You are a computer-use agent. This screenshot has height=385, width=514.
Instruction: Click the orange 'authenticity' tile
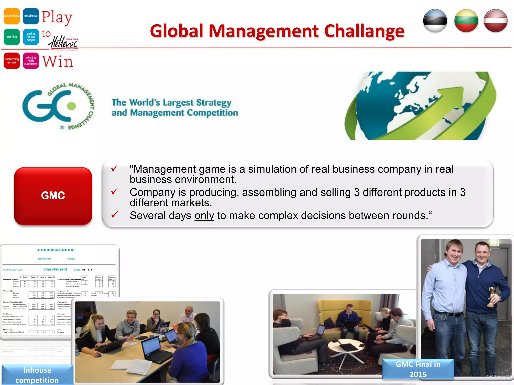12,16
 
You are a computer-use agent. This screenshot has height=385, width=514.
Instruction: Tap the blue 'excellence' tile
31,16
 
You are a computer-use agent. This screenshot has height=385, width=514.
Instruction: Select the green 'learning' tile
12,37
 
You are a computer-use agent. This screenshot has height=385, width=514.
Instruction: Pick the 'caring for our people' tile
31,37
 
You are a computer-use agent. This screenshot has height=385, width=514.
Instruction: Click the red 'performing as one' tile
12,61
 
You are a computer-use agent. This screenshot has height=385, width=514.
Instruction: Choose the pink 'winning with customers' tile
31,61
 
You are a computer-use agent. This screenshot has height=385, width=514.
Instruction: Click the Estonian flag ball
435,21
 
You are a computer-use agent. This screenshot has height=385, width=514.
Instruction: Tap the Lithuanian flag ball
466,21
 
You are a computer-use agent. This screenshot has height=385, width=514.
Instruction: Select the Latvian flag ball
496,21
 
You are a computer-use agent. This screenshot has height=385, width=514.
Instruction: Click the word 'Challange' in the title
364,31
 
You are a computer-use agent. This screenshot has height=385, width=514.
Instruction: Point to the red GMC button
53,196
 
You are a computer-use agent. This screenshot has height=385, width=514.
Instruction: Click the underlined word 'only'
204,216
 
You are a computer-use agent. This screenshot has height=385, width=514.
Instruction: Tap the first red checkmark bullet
115,168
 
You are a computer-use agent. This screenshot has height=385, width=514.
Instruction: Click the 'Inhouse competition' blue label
37,375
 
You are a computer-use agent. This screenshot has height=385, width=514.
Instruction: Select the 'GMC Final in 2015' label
418,369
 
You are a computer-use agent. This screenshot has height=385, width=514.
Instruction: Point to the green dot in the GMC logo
71,106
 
